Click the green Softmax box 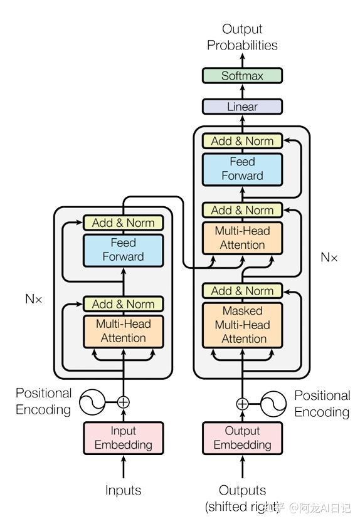pyautogui.click(x=242, y=76)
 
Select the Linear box pyautogui.click(x=242, y=107)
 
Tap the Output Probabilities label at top pyautogui.click(x=242, y=37)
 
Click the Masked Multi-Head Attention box pyautogui.click(x=242, y=325)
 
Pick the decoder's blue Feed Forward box pyautogui.click(x=242, y=169)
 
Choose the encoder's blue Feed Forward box pyautogui.click(x=123, y=249)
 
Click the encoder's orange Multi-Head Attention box pyautogui.click(x=123, y=331)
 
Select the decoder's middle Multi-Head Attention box pyautogui.click(x=242, y=238)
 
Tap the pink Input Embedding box pyautogui.click(x=123, y=438)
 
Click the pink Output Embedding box pyautogui.click(x=242, y=438)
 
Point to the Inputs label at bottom pyautogui.click(x=123, y=490)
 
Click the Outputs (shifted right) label pyautogui.click(x=242, y=498)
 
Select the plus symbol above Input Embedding pyautogui.click(x=124, y=402)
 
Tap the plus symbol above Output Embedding pyautogui.click(x=242, y=404)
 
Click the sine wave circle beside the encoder pyautogui.click(x=92, y=402)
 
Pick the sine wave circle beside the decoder pyautogui.click(x=273, y=404)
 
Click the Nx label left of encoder pyautogui.click(x=34, y=299)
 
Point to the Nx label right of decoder pyautogui.click(x=329, y=257)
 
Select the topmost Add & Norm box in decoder pyautogui.click(x=242, y=141)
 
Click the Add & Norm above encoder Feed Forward pyautogui.click(x=123, y=223)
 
